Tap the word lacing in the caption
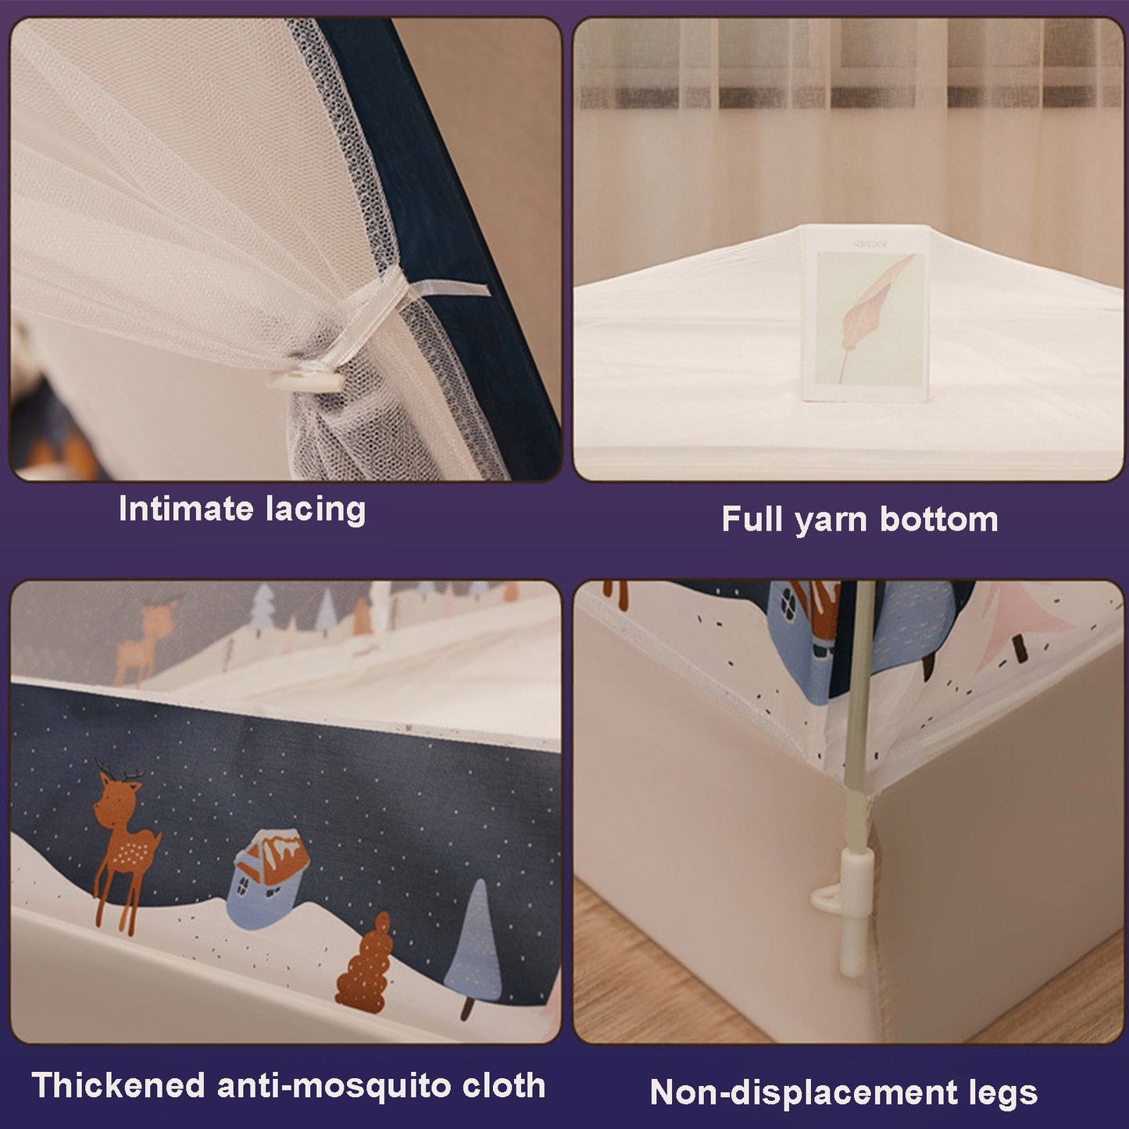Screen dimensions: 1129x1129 [x=316, y=509]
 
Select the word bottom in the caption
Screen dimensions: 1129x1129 [x=939, y=519]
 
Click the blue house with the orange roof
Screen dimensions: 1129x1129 [x=270, y=877]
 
